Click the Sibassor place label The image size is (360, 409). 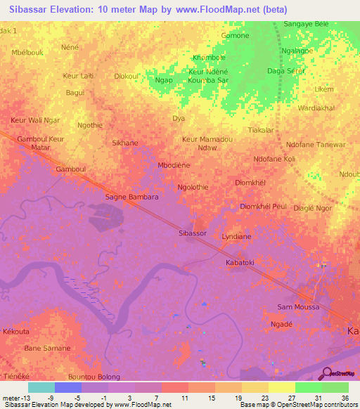coord(193,233)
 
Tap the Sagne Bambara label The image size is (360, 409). coord(131,197)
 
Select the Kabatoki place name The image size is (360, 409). coord(239,262)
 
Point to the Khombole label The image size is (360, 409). coord(210,58)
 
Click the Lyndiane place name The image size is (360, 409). coord(236,237)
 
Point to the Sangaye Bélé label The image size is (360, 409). coord(306,24)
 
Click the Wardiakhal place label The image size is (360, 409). coord(316,108)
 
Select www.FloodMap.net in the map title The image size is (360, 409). coord(222,9)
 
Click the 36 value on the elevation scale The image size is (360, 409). coord(345,397)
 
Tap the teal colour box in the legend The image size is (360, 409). coord(41,387)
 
